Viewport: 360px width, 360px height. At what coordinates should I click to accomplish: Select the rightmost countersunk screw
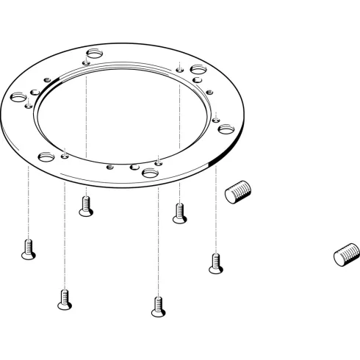pyautogui.click(x=215, y=262)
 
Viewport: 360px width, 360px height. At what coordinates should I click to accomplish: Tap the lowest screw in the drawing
pyautogui.click(x=156, y=306)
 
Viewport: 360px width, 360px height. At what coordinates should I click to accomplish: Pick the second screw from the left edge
pyautogui.click(x=64, y=298)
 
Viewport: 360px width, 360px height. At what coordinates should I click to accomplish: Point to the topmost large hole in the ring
pyautogui.click(x=94, y=54)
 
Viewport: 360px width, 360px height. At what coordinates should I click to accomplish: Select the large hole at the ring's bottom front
pyautogui.click(x=151, y=172)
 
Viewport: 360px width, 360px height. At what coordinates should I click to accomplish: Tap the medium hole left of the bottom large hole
pyautogui.click(x=134, y=167)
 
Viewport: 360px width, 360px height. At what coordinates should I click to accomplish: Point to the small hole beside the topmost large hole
pyautogui.click(x=86, y=64)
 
